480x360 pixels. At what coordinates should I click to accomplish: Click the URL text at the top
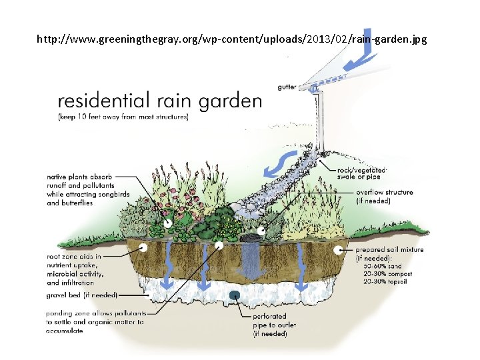pos(232,39)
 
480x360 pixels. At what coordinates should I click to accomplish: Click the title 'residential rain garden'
pos(159,101)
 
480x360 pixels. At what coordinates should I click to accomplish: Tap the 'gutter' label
pos(287,87)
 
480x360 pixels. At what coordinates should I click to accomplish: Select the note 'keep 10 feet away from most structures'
pos(123,117)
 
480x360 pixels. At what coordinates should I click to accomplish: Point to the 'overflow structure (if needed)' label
pos(384,196)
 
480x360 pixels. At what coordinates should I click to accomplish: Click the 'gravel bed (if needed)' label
pos(82,294)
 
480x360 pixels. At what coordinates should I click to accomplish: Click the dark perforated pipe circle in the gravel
pos(235,295)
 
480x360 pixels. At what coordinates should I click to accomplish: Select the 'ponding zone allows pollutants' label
pos(94,321)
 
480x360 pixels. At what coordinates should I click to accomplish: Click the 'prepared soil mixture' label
pos(389,250)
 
